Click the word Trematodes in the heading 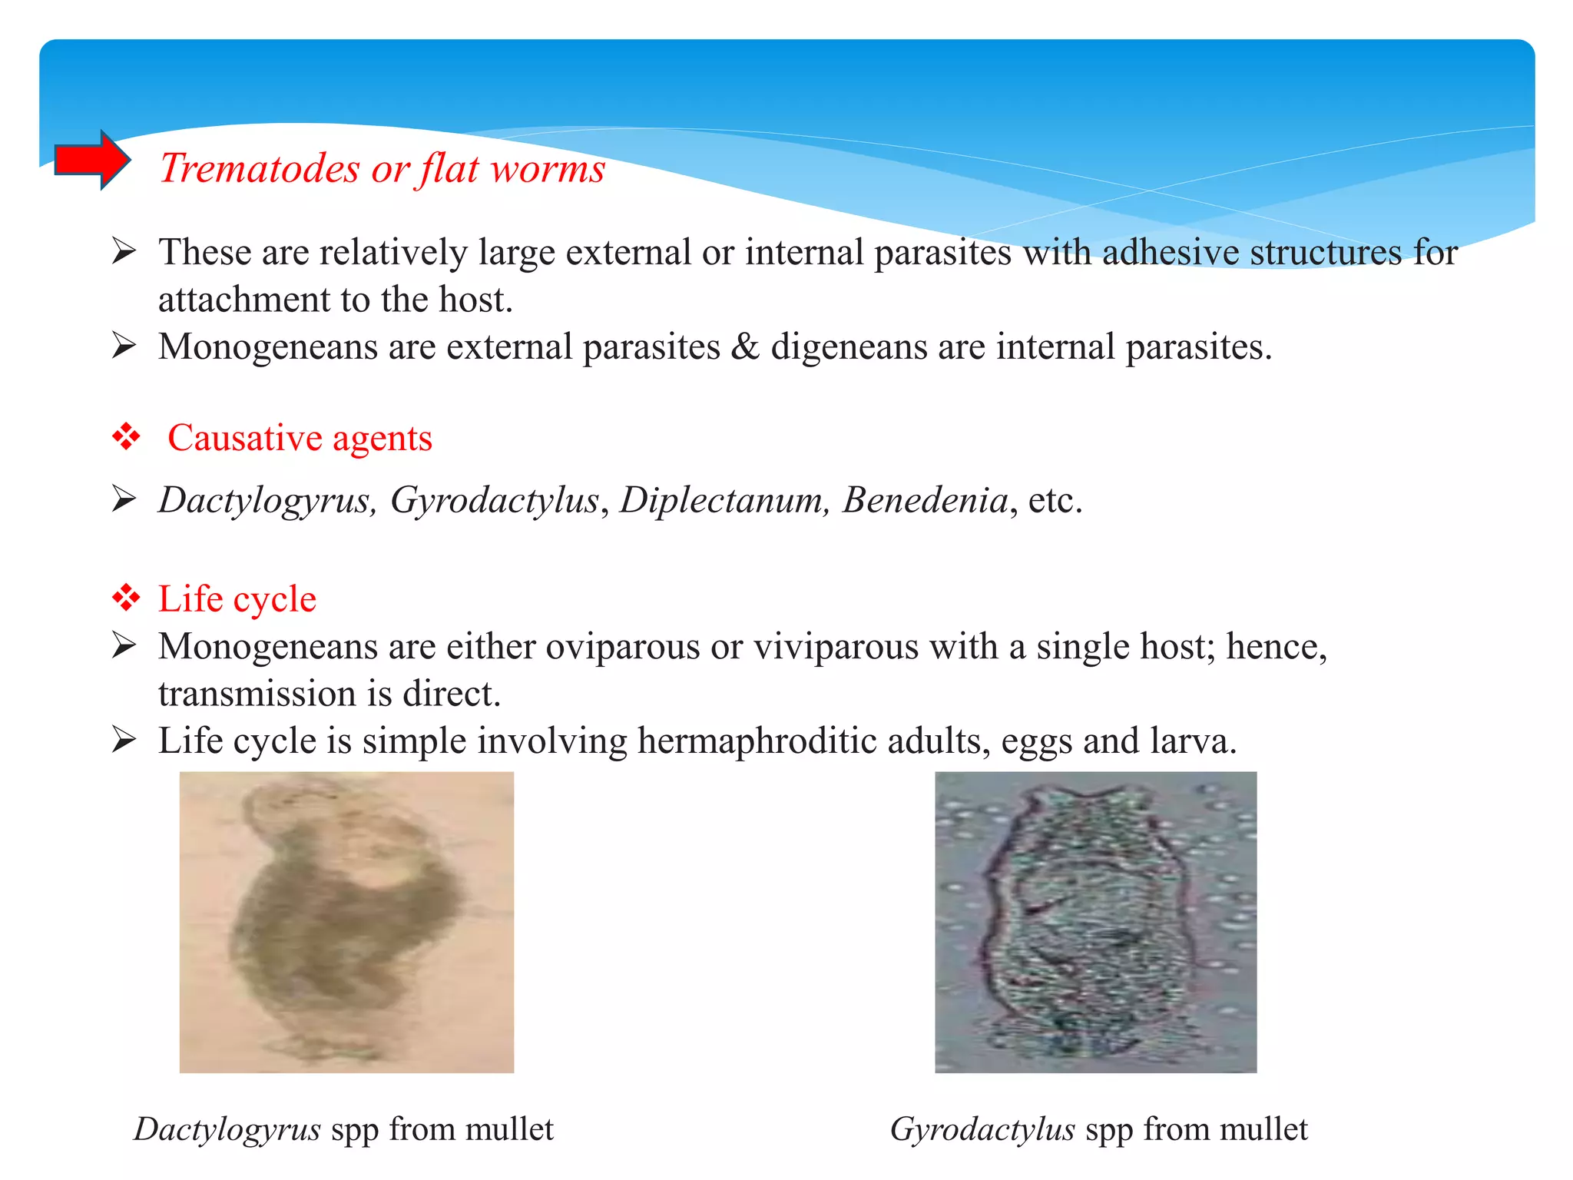click(260, 168)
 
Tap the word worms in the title click(548, 168)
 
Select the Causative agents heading click(300, 438)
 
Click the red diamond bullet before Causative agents click(126, 437)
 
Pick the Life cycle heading click(237, 598)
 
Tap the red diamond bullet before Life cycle click(126, 597)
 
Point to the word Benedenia click(925, 500)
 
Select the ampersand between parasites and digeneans click(745, 346)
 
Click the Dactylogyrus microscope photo click(346, 922)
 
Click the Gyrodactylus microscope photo click(1095, 922)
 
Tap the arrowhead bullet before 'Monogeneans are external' click(124, 345)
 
